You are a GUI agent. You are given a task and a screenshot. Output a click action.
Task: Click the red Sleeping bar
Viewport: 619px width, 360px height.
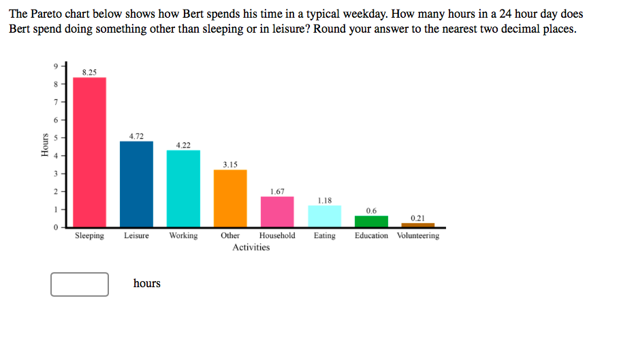89,152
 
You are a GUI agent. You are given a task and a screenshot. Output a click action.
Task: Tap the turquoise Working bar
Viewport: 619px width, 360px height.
183,189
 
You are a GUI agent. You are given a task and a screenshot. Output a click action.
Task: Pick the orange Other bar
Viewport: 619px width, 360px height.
230,198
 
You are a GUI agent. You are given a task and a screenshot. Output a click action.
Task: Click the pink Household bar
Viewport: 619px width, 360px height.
277,212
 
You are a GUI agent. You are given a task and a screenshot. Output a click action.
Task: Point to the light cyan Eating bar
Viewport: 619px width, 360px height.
325,216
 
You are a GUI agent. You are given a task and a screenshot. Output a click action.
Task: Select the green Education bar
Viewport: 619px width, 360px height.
371,221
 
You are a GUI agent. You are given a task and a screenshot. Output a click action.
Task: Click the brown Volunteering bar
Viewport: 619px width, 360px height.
417,225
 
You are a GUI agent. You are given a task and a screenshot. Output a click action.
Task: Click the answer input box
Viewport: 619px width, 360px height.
80,284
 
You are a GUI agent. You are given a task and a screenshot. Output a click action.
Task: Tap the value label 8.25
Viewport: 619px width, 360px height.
89,71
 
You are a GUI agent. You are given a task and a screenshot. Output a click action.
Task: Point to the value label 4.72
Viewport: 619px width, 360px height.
136,135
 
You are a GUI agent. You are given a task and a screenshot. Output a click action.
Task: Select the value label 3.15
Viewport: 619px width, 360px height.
230,164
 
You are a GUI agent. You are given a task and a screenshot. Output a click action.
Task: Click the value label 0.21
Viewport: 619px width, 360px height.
417,218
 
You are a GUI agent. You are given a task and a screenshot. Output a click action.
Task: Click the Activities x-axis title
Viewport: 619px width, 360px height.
251,248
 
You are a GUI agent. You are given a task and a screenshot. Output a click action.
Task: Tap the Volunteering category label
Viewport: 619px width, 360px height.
417,235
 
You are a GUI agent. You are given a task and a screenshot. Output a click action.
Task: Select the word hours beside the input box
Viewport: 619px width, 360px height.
146,283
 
